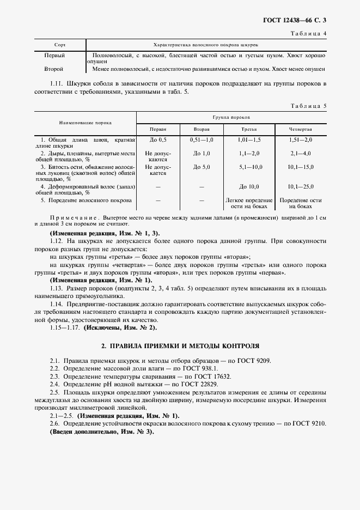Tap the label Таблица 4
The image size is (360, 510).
coord(309,34)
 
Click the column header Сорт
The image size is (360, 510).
coord(60,45)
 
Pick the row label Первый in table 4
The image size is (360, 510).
coord(54,56)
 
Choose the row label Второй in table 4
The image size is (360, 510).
coord(54,69)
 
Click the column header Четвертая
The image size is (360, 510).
coord(301,130)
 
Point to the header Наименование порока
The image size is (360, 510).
coord(85,124)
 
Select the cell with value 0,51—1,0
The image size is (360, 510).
coord(202,140)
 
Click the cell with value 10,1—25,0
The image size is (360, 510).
coord(301,186)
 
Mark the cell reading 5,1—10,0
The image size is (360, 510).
coord(249,167)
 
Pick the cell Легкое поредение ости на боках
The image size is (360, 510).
coord(249,203)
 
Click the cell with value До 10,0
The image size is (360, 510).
coord(249,186)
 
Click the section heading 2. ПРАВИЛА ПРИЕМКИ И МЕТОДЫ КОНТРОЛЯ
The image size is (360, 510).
coord(180,345)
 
